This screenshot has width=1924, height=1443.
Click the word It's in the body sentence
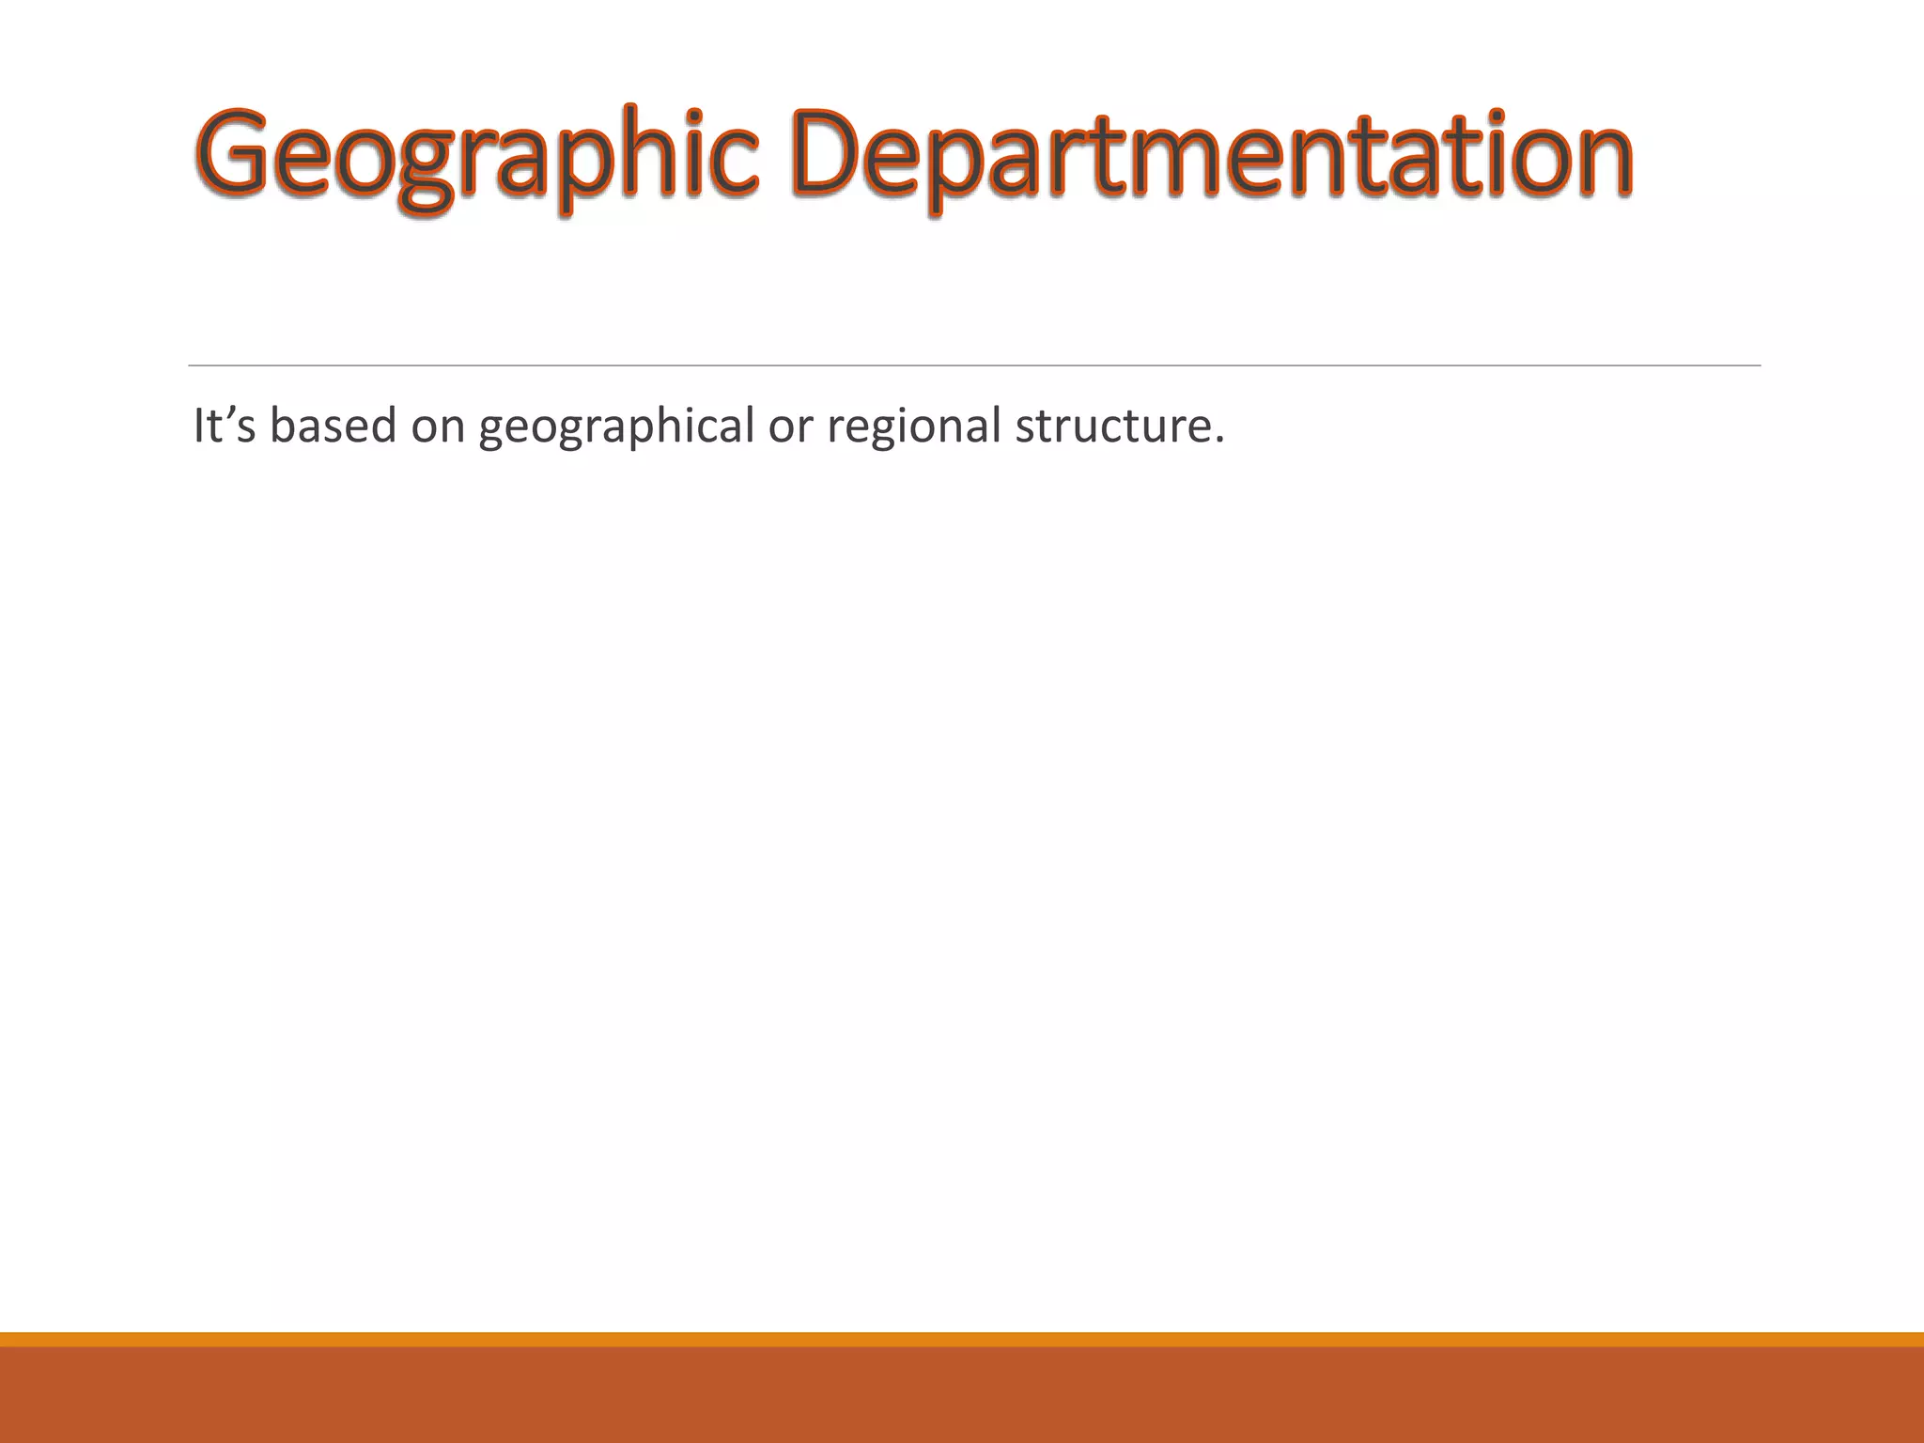pos(224,426)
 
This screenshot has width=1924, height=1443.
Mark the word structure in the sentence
pos(1112,426)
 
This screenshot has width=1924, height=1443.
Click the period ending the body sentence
pos(1219,441)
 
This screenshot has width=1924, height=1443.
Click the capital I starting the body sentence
pos(198,426)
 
